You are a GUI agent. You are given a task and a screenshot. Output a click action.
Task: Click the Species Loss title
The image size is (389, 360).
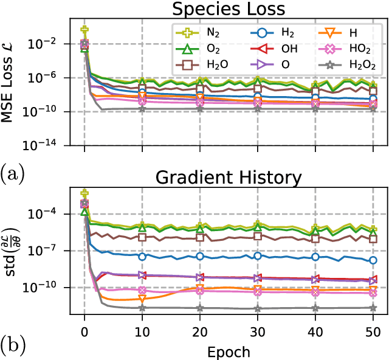(229, 10)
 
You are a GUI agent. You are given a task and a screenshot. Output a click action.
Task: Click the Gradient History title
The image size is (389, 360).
(229, 178)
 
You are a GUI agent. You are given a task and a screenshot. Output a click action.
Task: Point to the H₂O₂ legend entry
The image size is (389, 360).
(340, 64)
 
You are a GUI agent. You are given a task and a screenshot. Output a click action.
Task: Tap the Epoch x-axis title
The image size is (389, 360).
(229, 351)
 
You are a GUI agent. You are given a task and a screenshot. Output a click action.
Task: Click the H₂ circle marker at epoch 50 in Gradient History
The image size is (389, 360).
(373, 260)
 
